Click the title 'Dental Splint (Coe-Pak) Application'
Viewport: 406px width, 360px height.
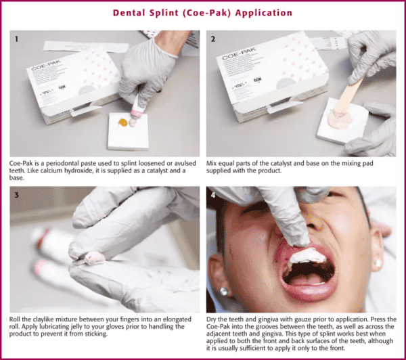[x=202, y=12]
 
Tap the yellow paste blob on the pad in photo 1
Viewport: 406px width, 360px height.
[x=122, y=122]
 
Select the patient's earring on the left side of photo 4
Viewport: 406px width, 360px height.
[x=223, y=292]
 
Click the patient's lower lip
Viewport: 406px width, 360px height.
[x=308, y=292]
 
